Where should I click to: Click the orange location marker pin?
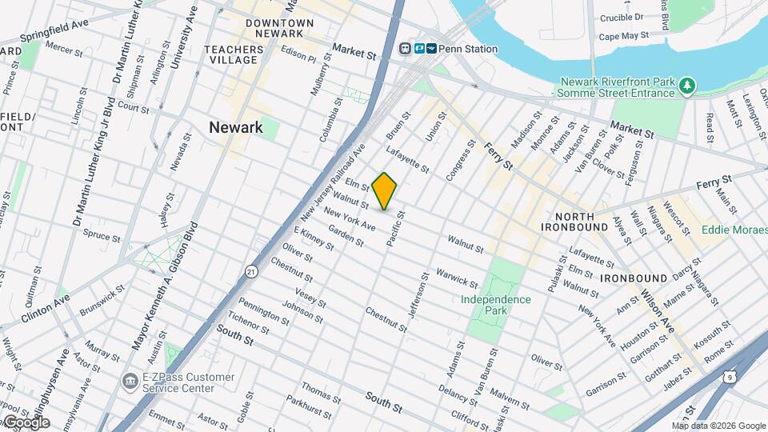(x=385, y=190)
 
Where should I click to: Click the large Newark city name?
(x=235, y=127)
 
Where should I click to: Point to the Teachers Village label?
(x=234, y=54)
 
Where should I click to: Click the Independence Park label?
(x=496, y=305)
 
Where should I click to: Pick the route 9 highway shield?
(x=729, y=374)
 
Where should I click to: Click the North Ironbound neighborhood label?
(x=574, y=222)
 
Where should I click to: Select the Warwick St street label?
(x=457, y=278)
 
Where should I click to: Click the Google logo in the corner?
(x=26, y=422)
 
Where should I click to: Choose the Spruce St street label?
(x=102, y=236)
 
